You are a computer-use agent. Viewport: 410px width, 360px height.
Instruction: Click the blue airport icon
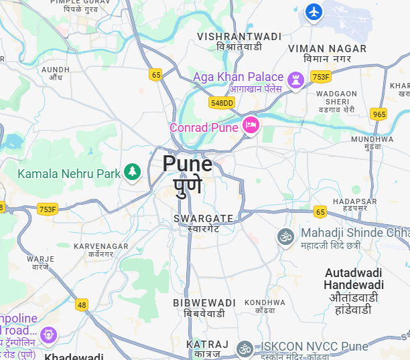[x=314, y=12]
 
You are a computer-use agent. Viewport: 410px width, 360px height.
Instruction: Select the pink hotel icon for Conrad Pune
[x=251, y=125]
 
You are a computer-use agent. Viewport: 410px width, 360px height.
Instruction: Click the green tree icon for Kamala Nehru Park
[x=133, y=173]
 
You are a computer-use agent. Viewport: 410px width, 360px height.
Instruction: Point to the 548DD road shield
[x=222, y=102]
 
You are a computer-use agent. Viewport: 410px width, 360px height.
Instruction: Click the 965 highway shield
[x=379, y=114]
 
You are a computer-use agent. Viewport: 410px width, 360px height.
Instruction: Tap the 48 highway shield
[x=82, y=304]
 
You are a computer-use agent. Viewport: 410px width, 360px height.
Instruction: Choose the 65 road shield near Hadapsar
[x=320, y=212]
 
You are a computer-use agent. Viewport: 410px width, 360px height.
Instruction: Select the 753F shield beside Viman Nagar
[x=320, y=78]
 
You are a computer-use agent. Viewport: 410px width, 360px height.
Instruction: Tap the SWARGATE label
[x=203, y=218]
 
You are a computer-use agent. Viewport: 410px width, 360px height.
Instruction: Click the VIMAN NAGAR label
[x=327, y=49]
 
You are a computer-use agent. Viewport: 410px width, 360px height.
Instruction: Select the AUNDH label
[x=56, y=69]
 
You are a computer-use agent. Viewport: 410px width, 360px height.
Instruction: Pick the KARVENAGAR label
[x=100, y=246]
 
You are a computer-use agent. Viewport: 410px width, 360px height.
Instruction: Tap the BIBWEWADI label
[x=204, y=303]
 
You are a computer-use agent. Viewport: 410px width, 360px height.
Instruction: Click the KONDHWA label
[x=260, y=302]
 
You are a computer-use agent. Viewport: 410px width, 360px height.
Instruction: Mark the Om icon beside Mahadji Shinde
[x=286, y=236]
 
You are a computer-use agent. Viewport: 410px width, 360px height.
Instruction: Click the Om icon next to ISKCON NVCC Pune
[x=246, y=348]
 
